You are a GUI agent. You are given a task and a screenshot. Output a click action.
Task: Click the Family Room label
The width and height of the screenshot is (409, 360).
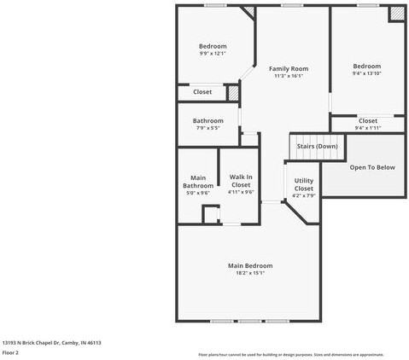(289, 68)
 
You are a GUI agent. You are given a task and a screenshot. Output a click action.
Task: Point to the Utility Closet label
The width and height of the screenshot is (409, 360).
(304, 184)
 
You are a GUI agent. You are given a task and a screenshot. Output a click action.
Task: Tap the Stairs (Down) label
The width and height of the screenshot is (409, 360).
(317, 146)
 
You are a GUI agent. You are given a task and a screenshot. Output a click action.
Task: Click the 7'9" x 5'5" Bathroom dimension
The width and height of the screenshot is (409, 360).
(207, 128)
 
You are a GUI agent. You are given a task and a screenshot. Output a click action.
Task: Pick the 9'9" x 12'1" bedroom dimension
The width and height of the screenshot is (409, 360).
(213, 54)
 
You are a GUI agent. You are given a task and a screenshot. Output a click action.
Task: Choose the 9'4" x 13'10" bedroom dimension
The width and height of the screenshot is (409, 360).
(367, 73)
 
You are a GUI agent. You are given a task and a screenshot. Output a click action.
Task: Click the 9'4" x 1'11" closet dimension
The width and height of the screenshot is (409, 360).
(367, 128)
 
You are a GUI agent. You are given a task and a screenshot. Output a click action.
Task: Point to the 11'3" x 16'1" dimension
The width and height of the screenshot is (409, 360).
(289, 76)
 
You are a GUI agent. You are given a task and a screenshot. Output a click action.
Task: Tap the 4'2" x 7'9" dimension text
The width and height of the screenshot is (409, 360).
(304, 196)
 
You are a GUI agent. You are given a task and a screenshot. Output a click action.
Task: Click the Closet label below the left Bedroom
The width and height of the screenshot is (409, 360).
(202, 91)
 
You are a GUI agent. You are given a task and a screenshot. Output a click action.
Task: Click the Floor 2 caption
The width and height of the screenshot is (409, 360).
(10, 351)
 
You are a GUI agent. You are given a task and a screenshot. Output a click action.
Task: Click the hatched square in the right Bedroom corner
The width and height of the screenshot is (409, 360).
(397, 15)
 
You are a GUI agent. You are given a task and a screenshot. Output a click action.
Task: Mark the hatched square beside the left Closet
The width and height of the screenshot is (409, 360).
(232, 91)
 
